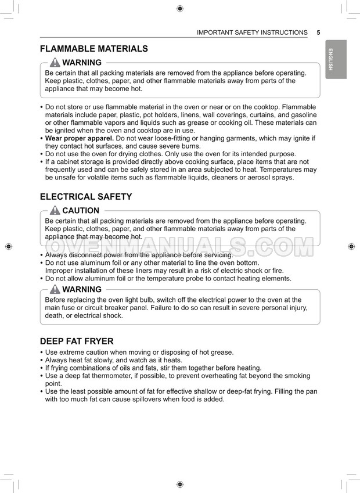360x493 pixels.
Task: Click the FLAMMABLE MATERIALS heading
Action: point(93,49)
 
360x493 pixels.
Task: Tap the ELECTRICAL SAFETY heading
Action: point(86,197)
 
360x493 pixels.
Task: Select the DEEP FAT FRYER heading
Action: point(77,341)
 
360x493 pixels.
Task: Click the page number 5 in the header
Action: point(319,33)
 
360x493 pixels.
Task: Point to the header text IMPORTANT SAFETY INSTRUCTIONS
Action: point(252,33)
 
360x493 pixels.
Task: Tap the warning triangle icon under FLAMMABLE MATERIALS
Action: point(55,63)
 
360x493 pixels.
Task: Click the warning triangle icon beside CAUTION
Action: point(55,211)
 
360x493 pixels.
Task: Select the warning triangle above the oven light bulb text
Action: point(55,289)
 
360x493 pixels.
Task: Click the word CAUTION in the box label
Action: point(81,211)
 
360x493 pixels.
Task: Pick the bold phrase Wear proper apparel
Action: point(80,138)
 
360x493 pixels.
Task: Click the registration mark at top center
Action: point(180,8)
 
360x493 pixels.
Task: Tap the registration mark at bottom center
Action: point(180,484)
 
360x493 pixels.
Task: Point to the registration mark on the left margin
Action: point(8,246)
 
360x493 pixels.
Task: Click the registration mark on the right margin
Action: point(351,246)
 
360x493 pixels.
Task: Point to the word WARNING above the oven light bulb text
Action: point(82,289)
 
